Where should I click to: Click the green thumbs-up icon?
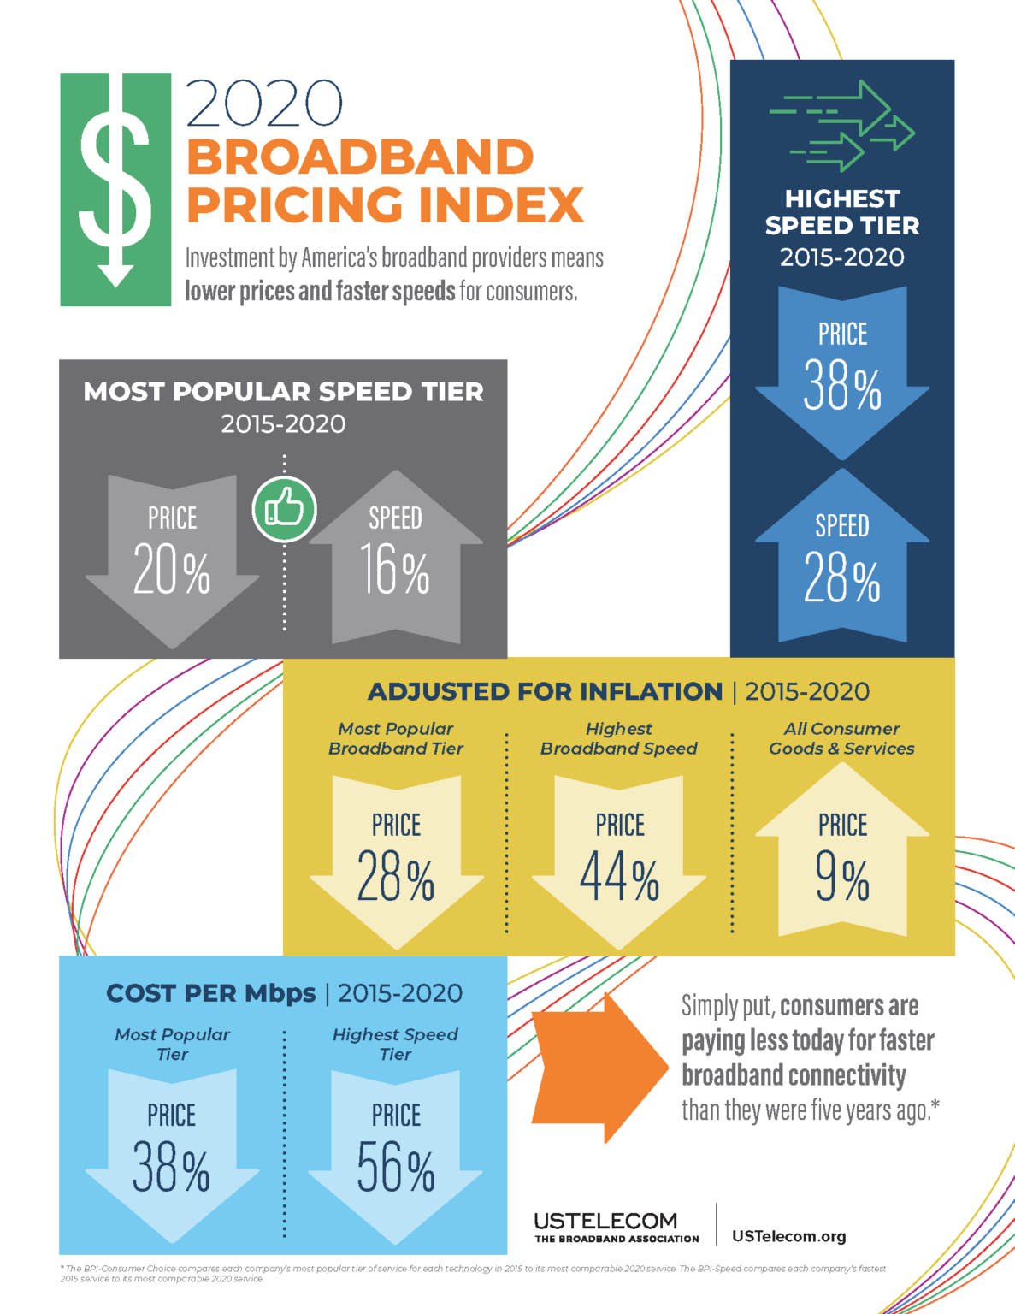(285, 509)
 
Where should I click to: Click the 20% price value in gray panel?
(172, 571)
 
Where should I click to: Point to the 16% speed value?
(395, 571)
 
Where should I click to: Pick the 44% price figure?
(619, 878)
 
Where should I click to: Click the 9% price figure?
(842, 878)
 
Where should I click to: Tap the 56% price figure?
(395, 1168)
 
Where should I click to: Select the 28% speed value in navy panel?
(842, 579)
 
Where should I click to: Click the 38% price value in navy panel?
(842, 387)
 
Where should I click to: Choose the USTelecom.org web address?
(788, 1236)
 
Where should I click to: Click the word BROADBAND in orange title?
(360, 157)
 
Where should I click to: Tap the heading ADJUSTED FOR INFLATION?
(545, 691)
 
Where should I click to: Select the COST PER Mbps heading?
(211, 993)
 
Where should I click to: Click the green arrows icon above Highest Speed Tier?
(842, 126)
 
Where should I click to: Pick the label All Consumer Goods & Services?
(841, 738)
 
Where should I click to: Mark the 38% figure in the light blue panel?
(171, 1168)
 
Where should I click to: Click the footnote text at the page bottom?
(470, 1273)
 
